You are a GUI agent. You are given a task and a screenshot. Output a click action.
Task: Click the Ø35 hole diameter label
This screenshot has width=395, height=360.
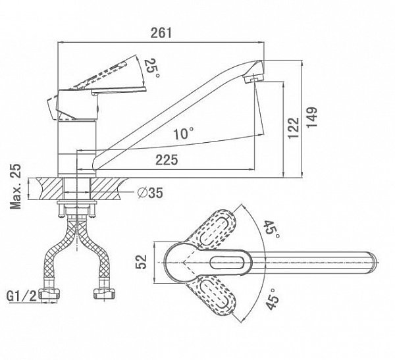[x=152, y=193]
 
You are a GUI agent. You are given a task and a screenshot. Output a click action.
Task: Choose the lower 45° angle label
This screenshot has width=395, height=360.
[x=272, y=300]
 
